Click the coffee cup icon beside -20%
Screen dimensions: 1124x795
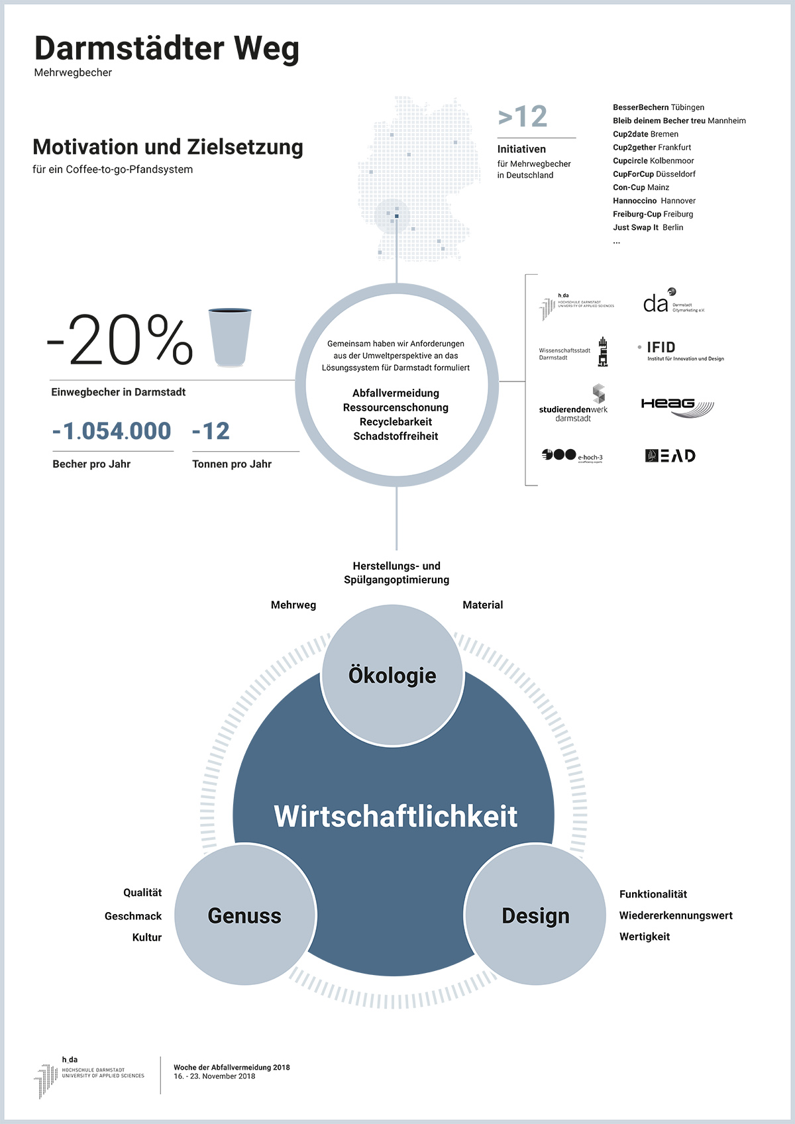pyautogui.click(x=230, y=337)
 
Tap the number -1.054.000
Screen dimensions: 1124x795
pyautogui.click(x=112, y=431)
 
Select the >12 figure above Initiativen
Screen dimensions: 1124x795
pyautogui.click(x=523, y=117)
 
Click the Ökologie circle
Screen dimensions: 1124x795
pyautogui.click(x=392, y=676)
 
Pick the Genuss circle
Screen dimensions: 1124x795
pyautogui.click(x=244, y=915)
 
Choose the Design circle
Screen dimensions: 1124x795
pyautogui.click(x=535, y=915)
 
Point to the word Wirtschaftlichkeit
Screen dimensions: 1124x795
pyautogui.click(x=396, y=816)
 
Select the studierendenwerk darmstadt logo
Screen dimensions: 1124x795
pyautogui.click(x=574, y=404)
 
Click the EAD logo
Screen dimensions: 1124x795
pyautogui.click(x=670, y=456)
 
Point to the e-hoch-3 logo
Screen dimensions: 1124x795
pyautogui.click(x=572, y=456)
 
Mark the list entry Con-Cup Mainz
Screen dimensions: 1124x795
pyautogui.click(x=641, y=187)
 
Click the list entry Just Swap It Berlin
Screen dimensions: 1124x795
pyautogui.click(x=648, y=227)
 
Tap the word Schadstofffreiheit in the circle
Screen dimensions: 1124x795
pyautogui.click(x=396, y=436)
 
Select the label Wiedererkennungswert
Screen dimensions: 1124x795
pyautogui.click(x=676, y=915)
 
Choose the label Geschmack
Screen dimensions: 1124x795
pyautogui.click(x=133, y=916)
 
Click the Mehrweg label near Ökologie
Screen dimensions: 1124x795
pyautogui.click(x=293, y=605)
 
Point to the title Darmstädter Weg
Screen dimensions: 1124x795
pyautogui.click(x=167, y=48)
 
